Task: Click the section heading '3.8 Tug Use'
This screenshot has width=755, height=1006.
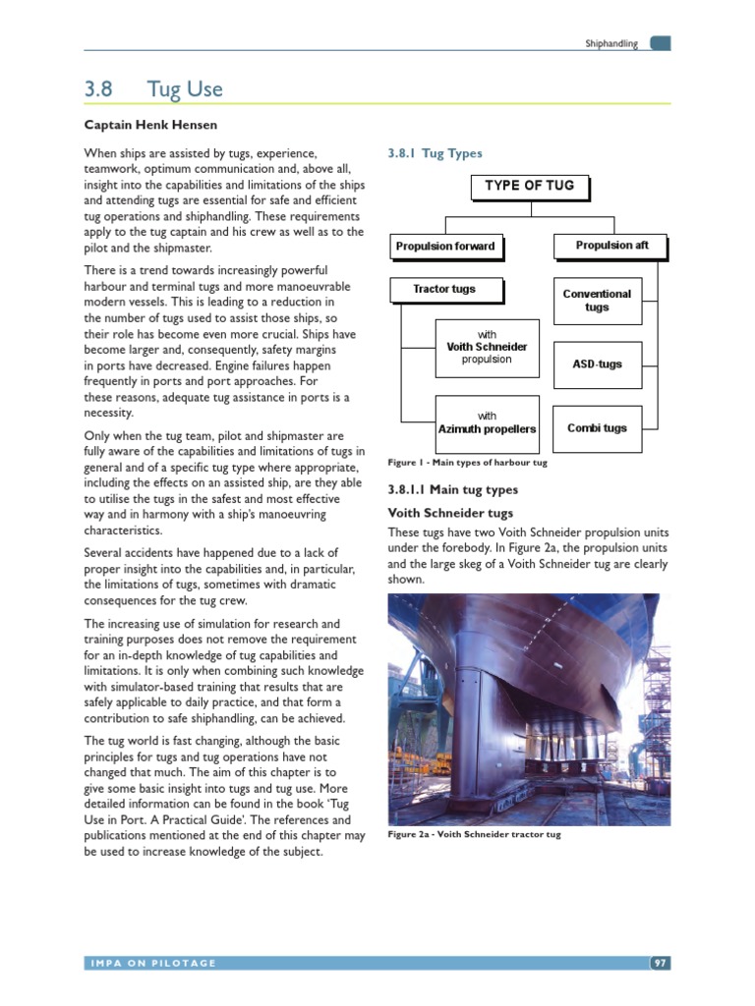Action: pyautogui.click(x=153, y=89)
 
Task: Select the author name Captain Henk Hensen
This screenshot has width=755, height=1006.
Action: pyautogui.click(x=150, y=125)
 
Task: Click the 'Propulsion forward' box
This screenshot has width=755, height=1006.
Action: pyautogui.click(x=445, y=246)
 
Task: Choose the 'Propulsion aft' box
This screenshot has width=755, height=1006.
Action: pyautogui.click(x=610, y=246)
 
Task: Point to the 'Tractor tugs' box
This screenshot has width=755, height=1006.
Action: pyautogui.click(x=444, y=289)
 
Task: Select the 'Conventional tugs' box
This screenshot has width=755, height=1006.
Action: pyautogui.click(x=597, y=300)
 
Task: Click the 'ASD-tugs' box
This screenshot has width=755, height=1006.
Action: pyautogui.click(x=597, y=364)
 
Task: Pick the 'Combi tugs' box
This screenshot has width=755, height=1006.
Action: pyautogui.click(x=597, y=428)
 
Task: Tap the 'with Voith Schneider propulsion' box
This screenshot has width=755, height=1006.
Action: pyautogui.click(x=487, y=347)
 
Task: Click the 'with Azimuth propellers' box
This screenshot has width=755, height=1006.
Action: pyautogui.click(x=487, y=422)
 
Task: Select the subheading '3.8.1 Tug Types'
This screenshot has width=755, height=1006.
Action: pyautogui.click(x=436, y=154)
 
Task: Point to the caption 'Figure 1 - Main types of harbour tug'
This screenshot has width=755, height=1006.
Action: pyautogui.click(x=467, y=462)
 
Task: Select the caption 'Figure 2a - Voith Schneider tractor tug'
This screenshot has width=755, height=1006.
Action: pyautogui.click(x=474, y=835)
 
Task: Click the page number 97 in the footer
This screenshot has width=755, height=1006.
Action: pyautogui.click(x=660, y=963)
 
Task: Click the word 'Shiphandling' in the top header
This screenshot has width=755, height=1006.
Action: pyautogui.click(x=611, y=44)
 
